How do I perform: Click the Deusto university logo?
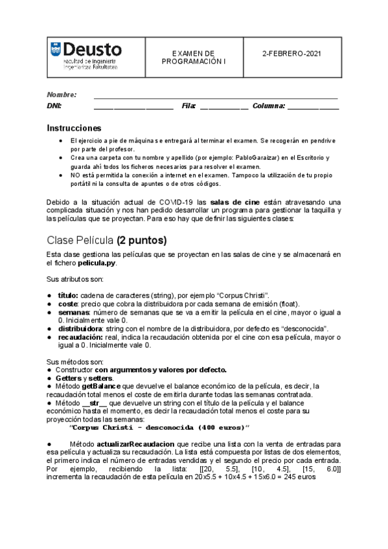(x=85, y=56)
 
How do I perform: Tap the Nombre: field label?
(x=62, y=94)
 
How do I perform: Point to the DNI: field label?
(x=54, y=106)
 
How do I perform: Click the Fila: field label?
(x=188, y=106)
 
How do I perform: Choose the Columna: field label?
(x=268, y=106)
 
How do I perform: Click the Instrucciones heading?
(x=74, y=128)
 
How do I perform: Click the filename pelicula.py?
(x=99, y=263)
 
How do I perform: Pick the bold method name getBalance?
(x=101, y=386)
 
